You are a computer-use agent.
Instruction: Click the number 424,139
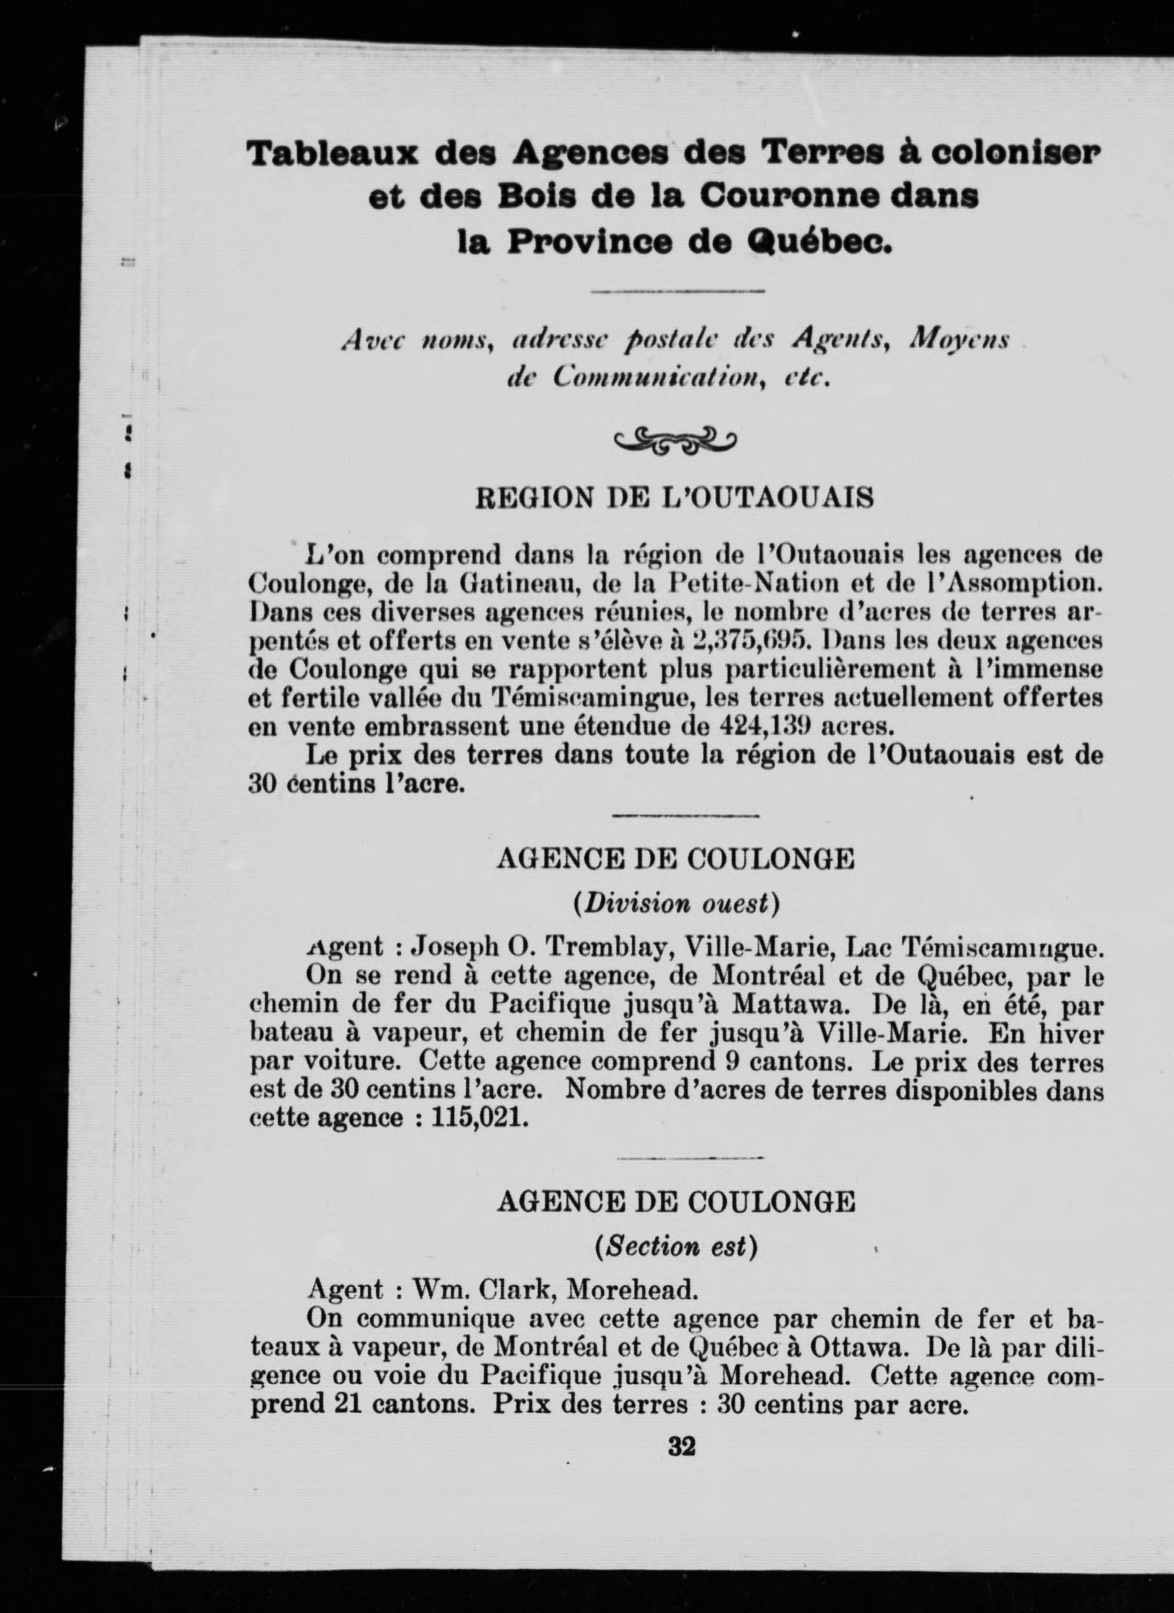(765, 726)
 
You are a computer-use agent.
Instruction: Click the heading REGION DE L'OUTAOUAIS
(674, 499)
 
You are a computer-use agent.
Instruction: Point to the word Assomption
(1021, 583)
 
